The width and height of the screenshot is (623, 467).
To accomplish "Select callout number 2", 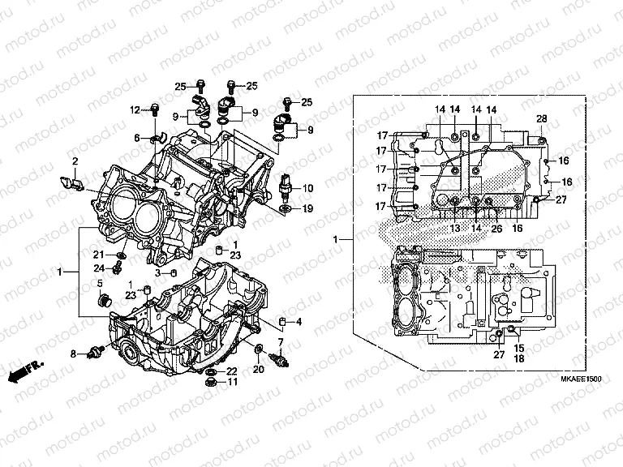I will (75, 161).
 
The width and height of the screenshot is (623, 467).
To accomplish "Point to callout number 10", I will (307, 188).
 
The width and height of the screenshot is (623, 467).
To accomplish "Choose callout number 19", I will (307, 209).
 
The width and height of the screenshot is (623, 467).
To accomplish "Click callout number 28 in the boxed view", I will (542, 119).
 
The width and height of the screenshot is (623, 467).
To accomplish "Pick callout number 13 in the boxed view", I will (455, 229).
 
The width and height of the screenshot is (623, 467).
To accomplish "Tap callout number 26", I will (496, 229).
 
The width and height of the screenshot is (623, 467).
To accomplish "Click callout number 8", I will (72, 354).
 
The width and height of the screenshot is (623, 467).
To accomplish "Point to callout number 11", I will (232, 383).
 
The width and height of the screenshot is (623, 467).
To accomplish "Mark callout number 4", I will (299, 323).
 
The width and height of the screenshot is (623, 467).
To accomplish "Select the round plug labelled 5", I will (103, 302).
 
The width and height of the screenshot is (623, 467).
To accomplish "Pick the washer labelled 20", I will (259, 349).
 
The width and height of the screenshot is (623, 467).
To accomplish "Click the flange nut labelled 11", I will (210, 382).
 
